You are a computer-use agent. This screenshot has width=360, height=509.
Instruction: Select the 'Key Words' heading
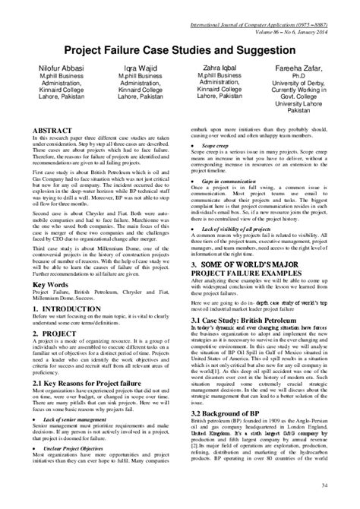50,305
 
